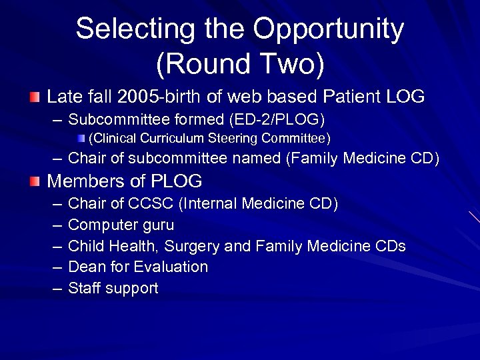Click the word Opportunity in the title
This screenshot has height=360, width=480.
329,29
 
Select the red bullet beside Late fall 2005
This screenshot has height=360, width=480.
35,97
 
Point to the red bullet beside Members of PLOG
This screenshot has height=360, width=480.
35,181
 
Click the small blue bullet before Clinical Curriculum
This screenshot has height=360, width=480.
81,139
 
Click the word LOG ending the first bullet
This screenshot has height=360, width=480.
405,97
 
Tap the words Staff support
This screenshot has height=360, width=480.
113,289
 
